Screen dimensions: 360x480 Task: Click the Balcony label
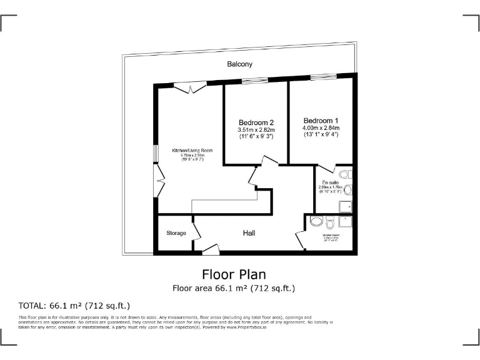pyautogui.click(x=240, y=64)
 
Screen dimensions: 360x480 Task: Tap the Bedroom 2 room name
pyautogui.click(x=256, y=122)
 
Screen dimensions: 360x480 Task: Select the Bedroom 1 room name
pyautogui.click(x=321, y=121)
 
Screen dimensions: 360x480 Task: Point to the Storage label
pyautogui.click(x=176, y=233)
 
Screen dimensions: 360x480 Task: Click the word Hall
pyautogui.click(x=249, y=233)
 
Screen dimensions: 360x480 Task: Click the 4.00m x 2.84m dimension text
pyautogui.click(x=321, y=128)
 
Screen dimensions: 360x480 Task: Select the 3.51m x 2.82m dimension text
pyautogui.click(x=256, y=130)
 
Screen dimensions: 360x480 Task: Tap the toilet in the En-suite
pyautogui.click(x=347, y=174)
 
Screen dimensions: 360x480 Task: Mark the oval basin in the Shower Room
pyautogui.click(x=317, y=221)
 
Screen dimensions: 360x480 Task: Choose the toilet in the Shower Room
pyautogui.click(x=330, y=221)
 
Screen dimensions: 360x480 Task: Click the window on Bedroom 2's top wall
pyautogui.click(x=255, y=80)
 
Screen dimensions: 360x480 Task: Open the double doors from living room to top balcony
pyautogui.click(x=190, y=88)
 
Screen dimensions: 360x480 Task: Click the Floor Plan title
pyautogui.click(x=234, y=274)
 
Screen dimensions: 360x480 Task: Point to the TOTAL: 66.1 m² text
pyautogui.click(x=75, y=306)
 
